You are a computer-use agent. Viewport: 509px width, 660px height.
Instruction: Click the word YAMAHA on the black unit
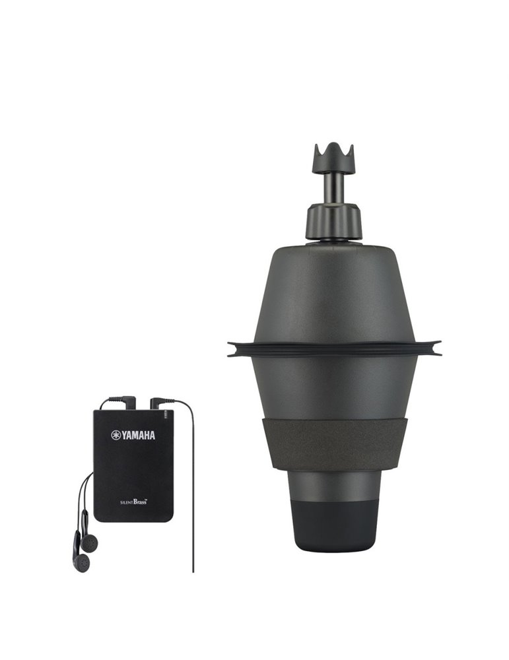click(x=139, y=435)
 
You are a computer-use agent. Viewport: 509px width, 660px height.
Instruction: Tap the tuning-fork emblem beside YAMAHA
click(x=116, y=435)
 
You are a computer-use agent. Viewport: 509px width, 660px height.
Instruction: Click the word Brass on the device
click(x=140, y=502)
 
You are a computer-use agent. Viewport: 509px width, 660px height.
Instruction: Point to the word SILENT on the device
click(x=127, y=502)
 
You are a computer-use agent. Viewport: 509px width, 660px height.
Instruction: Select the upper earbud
click(x=89, y=543)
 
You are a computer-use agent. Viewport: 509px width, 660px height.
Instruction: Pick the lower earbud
click(x=81, y=562)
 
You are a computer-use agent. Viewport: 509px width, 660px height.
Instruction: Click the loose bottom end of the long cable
click(x=193, y=572)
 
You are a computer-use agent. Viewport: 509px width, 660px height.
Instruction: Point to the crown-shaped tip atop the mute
click(x=333, y=158)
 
